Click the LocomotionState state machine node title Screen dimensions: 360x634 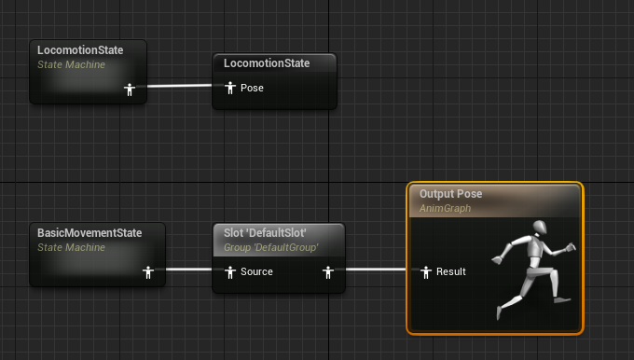click(x=79, y=48)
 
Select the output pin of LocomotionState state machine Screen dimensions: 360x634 click(x=131, y=90)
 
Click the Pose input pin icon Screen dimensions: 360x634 click(x=229, y=88)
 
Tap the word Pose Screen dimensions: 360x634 click(x=252, y=89)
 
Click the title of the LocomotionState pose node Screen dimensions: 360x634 click(x=267, y=63)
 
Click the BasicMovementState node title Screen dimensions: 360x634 click(x=90, y=232)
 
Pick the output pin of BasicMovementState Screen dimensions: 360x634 click(x=147, y=272)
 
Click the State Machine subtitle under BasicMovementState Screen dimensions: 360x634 click(x=71, y=247)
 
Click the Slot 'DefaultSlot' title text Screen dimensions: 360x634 click(x=266, y=232)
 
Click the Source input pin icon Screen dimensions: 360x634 click(x=229, y=272)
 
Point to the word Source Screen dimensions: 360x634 click(x=256, y=272)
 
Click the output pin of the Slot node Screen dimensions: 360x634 click(x=327, y=272)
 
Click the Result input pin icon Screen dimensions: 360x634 click(x=425, y=272)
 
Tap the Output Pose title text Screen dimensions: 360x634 click(x=450, y=194)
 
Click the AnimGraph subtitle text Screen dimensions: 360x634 click(x=445, y=209)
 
